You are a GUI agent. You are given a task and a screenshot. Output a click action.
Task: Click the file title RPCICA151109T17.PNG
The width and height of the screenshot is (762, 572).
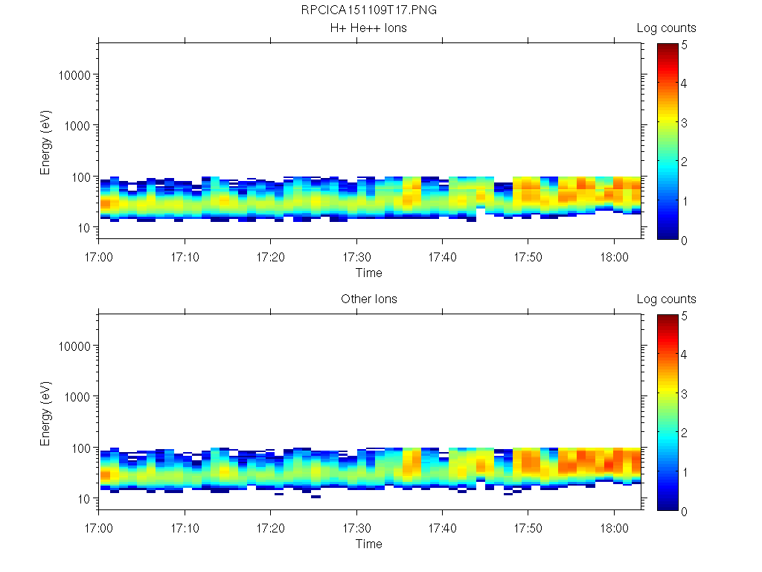[369, 11]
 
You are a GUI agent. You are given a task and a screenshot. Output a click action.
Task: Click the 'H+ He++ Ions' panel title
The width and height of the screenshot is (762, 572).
[369, 28]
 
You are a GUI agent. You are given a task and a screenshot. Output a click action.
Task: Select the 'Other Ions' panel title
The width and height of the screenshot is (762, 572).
[369, 299]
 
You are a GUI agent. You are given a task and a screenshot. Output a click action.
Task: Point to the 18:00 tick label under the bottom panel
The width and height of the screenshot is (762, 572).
[613, 527]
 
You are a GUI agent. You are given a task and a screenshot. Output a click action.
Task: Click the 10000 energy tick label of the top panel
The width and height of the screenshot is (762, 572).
[74, 75]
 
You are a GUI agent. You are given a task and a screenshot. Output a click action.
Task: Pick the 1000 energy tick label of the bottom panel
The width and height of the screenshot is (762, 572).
[77, 397]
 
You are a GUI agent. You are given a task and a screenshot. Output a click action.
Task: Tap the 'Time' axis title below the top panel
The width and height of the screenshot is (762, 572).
[369, 273]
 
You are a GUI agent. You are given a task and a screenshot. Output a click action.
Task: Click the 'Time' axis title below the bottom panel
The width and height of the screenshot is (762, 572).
[369, 544]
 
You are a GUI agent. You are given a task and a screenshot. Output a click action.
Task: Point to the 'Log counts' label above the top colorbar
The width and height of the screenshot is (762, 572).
[667, 28]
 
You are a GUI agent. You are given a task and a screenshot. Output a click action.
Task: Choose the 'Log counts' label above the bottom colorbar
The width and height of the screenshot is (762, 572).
[667, 299]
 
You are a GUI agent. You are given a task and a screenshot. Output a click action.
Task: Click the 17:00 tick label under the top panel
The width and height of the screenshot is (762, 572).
[99, 255]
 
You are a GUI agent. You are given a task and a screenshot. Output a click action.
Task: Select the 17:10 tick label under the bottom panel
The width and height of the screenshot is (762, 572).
[185, 527]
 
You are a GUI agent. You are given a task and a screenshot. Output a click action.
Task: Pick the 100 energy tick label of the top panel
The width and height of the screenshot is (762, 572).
[80, 177]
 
